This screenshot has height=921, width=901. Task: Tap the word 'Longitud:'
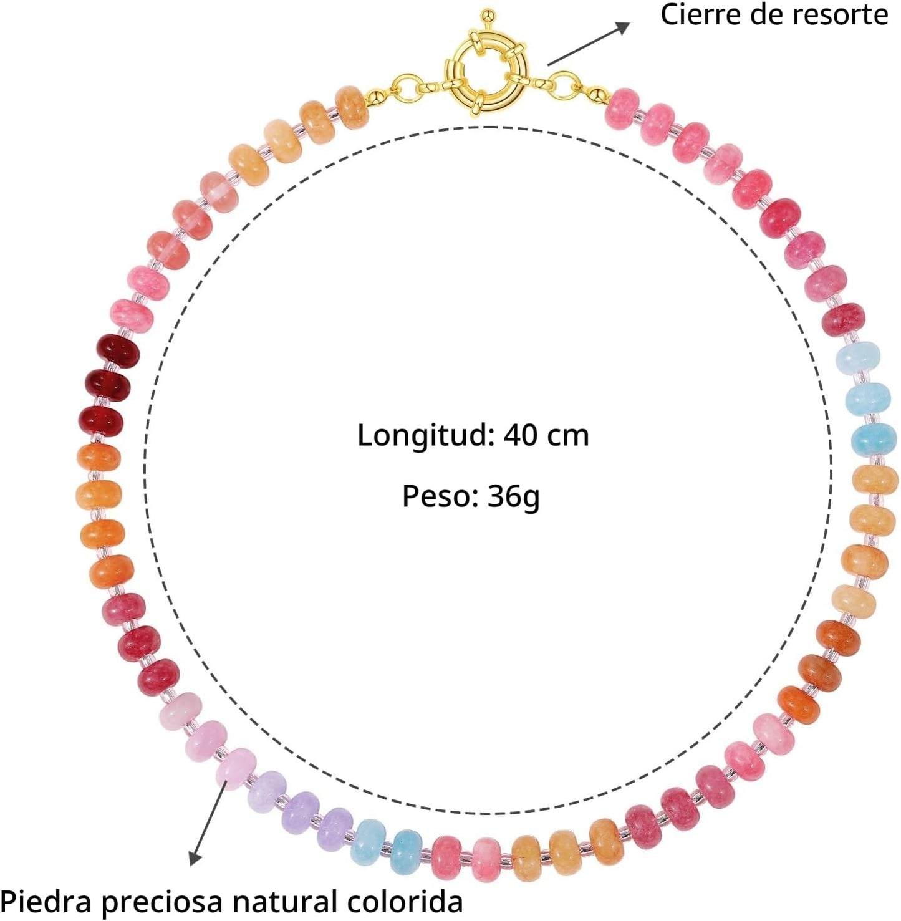[426, 436]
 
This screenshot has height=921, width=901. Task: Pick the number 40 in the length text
[521, 435]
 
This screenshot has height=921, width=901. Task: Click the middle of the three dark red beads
[107, 386]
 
